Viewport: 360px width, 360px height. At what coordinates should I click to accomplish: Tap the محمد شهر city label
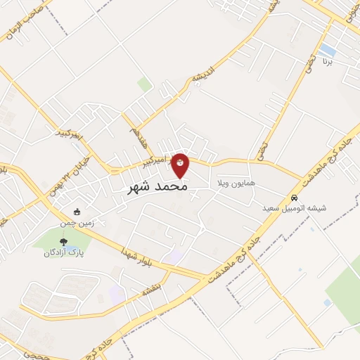point(157,188)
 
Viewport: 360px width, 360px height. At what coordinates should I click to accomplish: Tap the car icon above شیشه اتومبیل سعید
point(296,198)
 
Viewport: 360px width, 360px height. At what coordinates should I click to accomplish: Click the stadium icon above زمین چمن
point(77,212)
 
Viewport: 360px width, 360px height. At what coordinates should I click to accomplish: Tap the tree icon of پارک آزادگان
point(64,243)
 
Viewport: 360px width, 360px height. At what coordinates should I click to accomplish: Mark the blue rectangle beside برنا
point(327,50)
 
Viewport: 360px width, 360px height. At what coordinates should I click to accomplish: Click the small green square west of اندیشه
point(144,84)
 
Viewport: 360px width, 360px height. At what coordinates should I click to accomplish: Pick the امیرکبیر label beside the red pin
point(155,160)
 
